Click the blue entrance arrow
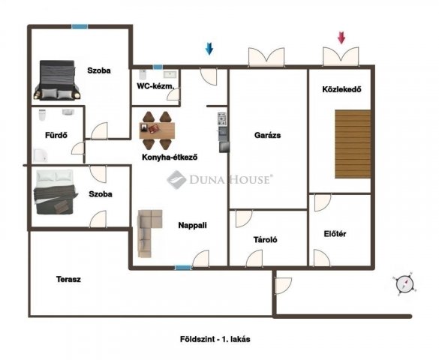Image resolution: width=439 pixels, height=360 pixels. point(209,49)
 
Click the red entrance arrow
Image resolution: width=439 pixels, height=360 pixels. point(341,37)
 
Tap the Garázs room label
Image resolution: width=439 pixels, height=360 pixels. point(267,135)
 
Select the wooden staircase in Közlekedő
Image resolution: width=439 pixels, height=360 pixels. point(353,144)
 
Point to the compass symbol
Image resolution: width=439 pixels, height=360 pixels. point(404,283)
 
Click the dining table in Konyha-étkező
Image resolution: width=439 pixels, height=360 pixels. point(157,130)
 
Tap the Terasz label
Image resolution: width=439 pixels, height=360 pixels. point(68,279)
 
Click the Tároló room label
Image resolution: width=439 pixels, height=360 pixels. point(266,240)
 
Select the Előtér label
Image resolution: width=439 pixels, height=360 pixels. point(335,233)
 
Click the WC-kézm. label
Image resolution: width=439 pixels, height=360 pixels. point(155,85)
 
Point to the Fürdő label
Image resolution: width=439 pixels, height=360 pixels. point(56,135)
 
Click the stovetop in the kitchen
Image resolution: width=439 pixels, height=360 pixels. point(221,118)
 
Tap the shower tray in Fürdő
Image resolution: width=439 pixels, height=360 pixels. point(41,155)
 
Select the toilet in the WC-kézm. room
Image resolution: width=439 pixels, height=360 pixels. point(143,74)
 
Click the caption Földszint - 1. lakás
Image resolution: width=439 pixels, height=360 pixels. point(215,339)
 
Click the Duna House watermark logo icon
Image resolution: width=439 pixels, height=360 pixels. point(176,179)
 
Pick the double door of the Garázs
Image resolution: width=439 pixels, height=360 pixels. point(266,57)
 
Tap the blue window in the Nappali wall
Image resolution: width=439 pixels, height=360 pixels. point(183,268)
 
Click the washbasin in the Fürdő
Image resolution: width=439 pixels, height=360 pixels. point(68,112)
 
